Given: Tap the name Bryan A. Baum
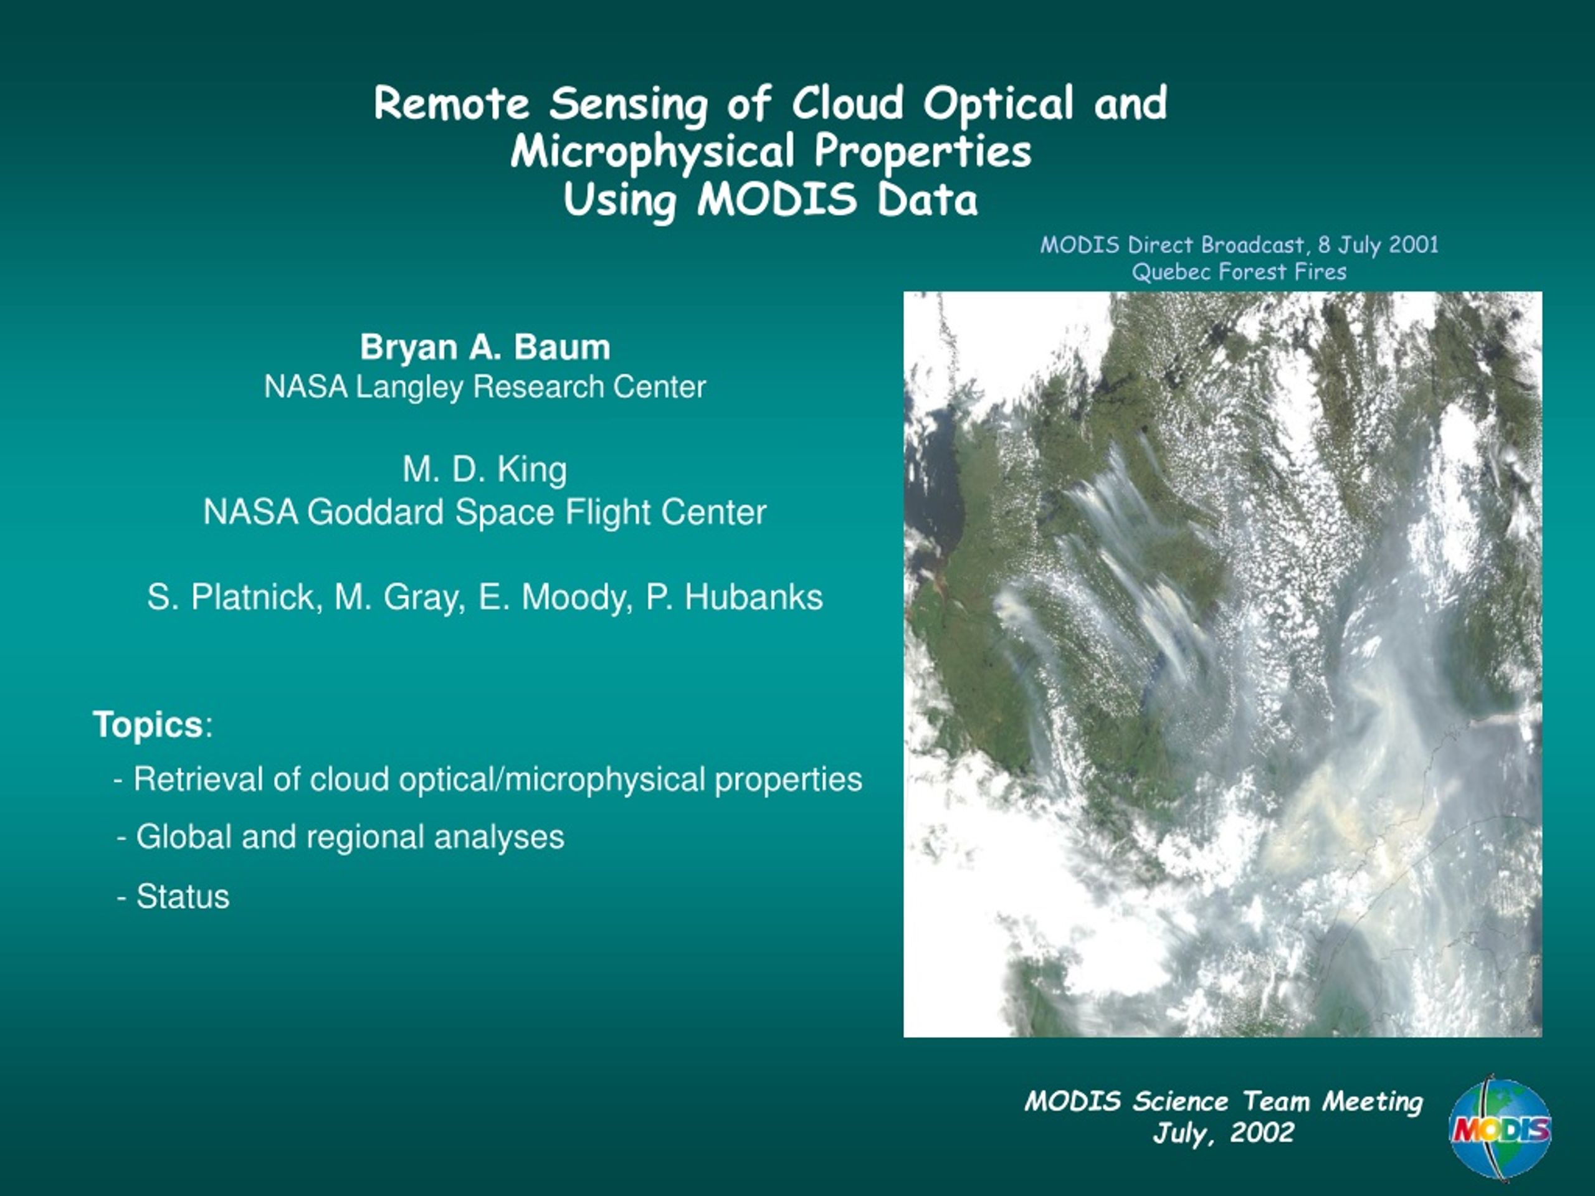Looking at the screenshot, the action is pos(485,347).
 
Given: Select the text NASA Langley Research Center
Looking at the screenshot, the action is pos(485,387).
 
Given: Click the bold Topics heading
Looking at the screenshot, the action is pos(148,724).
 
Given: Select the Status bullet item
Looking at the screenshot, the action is pos(173,897).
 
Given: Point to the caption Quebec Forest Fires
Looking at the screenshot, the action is pos(1239,272).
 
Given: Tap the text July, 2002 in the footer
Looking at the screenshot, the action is pos(1223,1133).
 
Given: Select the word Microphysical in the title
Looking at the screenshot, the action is pos(652,153).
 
